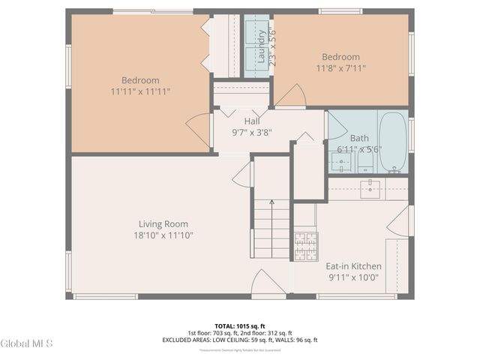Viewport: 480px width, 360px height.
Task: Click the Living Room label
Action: pos(163,223)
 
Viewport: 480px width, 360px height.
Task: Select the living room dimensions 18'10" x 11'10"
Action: pos(163,235)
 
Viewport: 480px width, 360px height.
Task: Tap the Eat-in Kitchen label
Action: pos(352,266)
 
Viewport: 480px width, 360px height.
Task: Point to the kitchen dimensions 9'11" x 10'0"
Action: pos(352,277)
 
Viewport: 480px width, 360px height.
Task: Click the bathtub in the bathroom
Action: pos(392,142)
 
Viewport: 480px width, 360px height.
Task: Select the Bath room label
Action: pos(359,138)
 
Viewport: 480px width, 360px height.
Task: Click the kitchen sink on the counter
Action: pos(370,189)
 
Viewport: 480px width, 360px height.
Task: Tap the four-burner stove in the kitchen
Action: pos(305,246)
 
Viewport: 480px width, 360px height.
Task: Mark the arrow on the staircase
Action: pos(271,202)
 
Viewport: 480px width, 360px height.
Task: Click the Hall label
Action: pos(252,121)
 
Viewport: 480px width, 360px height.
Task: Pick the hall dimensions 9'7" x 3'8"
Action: pos(252,132)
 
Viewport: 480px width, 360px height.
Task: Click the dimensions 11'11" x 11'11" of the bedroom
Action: pos(140,91)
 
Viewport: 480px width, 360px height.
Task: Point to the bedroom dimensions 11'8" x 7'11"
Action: pos(340,67)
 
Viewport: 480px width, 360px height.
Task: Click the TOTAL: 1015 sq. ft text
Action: pos(239,326)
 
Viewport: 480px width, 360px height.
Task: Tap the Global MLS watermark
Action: pos(26,343)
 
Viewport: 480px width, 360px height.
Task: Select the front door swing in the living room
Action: pos(266,283)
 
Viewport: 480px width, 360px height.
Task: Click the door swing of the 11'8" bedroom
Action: pos(292,97)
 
